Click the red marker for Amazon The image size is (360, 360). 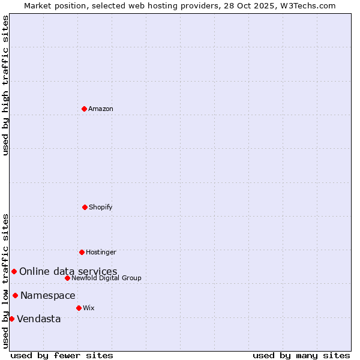[x=84, y=109]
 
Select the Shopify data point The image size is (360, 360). [x=85, y=207]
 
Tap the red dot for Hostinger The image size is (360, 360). [x=82, y=252]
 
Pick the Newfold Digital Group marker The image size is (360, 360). [x=67, y=278]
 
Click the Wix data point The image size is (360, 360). [x=79, y=308]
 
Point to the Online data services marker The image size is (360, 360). [x=14, y=272]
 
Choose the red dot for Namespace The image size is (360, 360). [x=15, y=295]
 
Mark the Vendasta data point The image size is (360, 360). [x=11, y=319]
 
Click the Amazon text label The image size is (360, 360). [x=101, y=109]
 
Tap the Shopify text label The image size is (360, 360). [x=101, y=207]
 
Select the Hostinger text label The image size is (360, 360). [x=101, y=252]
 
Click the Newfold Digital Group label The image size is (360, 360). [x=106, y=278]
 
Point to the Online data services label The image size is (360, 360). [x=68, y=272]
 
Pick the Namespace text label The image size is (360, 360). [x=48, y=295]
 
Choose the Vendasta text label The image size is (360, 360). [x=39, y=319]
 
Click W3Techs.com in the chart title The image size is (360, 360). [x=306, y=5]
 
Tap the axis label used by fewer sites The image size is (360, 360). [x=62, y=355]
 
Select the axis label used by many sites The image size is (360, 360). [x=301, y=355]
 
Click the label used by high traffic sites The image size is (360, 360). [x=5, y=85]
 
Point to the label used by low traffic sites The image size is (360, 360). [x=5, y=280]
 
